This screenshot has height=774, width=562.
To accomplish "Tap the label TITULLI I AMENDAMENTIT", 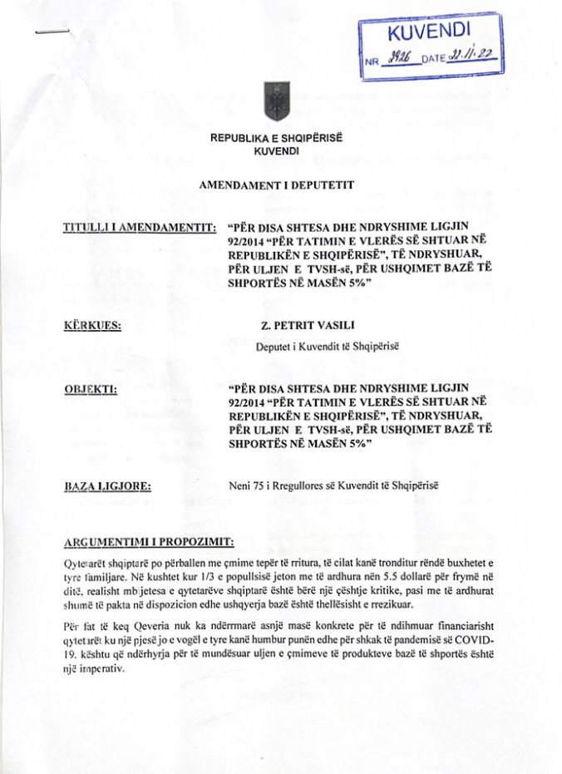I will (135, 227).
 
